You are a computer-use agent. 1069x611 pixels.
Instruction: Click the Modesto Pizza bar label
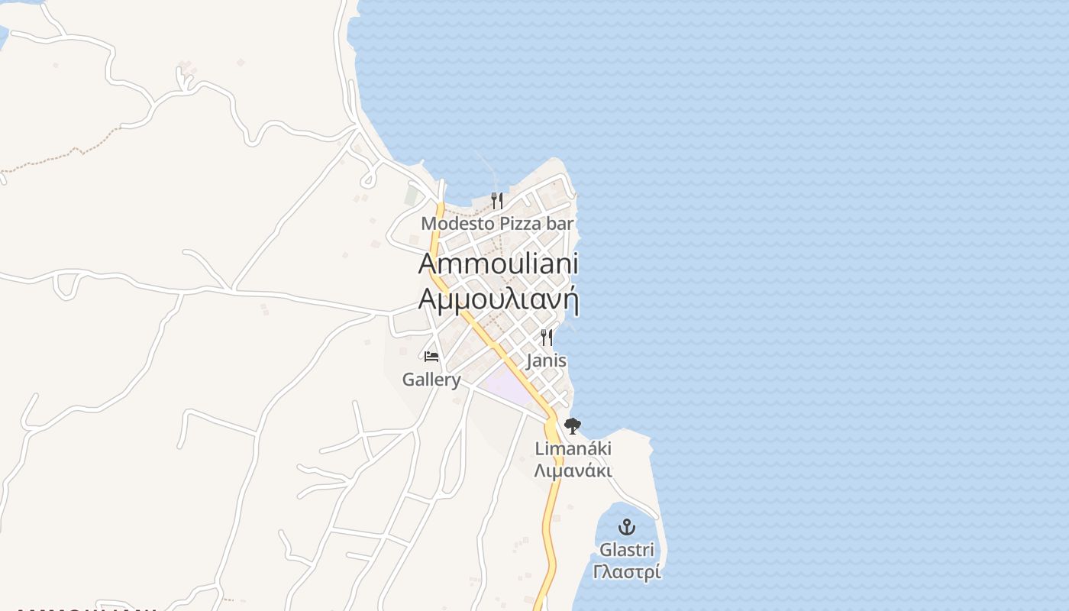(x=497, y=224)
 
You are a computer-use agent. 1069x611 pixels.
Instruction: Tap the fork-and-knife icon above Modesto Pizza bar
(x=497, y=200)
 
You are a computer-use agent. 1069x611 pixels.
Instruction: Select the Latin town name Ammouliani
(x=498, y=263)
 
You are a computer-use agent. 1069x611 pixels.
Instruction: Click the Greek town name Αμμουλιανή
(x=498, y=299)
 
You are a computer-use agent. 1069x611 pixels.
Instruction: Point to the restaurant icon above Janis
(x=546, y=337)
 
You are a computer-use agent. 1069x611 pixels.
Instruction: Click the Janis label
(x=546, y=360)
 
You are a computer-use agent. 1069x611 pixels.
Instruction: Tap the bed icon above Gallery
(x=431, y=356)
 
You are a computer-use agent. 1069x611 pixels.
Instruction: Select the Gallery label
(x=431, y=380)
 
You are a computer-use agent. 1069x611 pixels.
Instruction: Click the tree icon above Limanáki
(x=572, y=426)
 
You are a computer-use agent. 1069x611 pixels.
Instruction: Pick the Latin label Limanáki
(x=573, y=448)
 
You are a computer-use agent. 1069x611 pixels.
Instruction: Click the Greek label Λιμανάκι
(x=573, y=470)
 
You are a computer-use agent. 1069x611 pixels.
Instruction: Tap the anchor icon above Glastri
(x=626, y=527)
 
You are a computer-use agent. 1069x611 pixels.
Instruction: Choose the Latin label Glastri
(x=626, y=550)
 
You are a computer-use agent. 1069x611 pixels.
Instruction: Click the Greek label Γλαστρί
(x=626, y=572)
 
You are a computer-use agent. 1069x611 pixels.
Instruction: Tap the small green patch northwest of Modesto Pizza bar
(x=412, y=196)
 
